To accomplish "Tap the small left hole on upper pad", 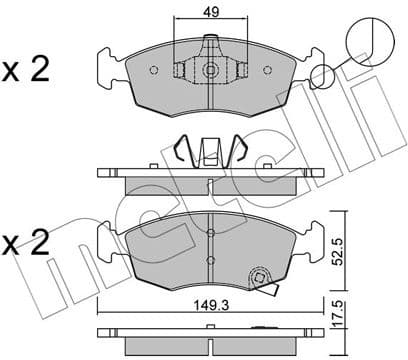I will (153, 71).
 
